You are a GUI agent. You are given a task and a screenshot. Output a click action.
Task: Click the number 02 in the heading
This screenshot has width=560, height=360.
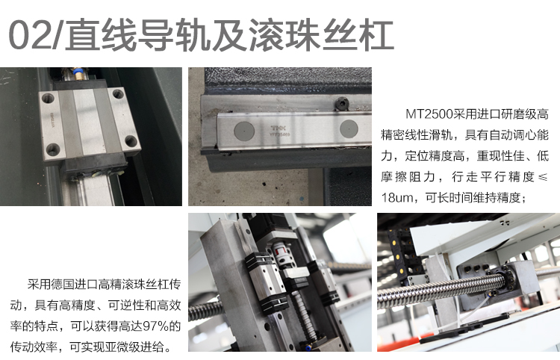pos(30,34)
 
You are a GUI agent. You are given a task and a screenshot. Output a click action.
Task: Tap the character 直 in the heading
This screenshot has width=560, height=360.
pos(82,34)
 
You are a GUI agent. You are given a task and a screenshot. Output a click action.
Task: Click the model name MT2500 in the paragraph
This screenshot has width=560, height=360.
pos(429,114)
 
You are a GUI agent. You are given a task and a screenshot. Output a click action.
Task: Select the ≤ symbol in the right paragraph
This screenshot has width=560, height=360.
pos(543,177)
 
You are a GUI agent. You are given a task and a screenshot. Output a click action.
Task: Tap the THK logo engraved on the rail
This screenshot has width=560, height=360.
pos(279,128)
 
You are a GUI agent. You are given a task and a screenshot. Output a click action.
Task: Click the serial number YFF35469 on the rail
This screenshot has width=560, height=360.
pos(280,134)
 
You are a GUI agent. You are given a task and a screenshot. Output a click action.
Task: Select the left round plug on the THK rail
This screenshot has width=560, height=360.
pos(244,131)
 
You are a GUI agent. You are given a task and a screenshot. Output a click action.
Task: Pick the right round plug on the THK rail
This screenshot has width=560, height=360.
pos(349,128)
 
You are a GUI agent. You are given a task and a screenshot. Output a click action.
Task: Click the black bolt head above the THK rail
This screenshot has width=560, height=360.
pos(341,104)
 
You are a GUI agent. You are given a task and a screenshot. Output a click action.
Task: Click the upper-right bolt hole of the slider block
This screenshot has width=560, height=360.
pos(118,94)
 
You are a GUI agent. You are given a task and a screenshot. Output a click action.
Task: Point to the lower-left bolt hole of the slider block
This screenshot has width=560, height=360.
pos(53,149)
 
